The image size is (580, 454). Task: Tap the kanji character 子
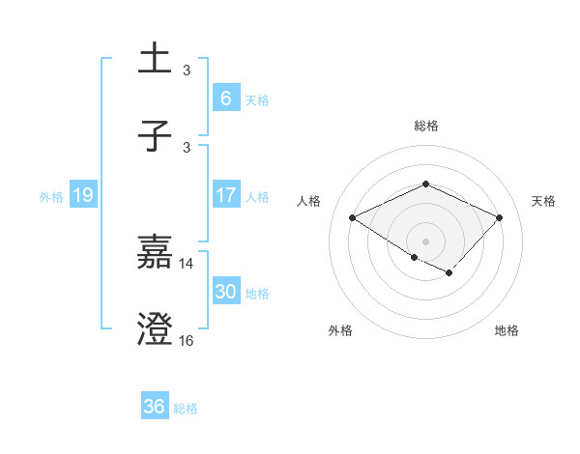pyautogui.click(x=155, y=136)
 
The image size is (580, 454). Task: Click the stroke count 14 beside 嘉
pyautogui.click(x=187, y=263)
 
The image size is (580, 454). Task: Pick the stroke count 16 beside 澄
pyautogui.click(x=187, y=340)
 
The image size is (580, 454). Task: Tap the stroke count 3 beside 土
pyautogui.click(x=187, y=70)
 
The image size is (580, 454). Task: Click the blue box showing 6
pyautogui.click(x=225, y=99)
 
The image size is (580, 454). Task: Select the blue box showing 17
pyautogui.click(x=225, y=195)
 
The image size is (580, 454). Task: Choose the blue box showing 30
pyautogui.click(x=225, y=292)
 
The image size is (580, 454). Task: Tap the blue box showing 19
pyautogui.click(x=82, y=195)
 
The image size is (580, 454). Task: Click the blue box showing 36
pyautogui.click(x=154, y=407)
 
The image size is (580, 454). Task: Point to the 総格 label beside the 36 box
pyautogui.click(x=186, y=409)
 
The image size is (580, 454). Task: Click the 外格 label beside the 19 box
pyautogui.click(x=51, y=197)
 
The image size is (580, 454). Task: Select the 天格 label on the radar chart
pyautogui.click(x=543, y=201)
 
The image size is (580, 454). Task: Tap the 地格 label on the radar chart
pyautogui.click(x=507, y=331)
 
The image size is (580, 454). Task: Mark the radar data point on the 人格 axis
pyautogui.click(x=353, y=218)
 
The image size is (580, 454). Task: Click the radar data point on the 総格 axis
pyautogui.click(x=425, y=184)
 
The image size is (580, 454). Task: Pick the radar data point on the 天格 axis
pyautogui.click(x=499, y=217)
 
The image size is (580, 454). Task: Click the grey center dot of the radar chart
pyautogui.click(x=425, y=241)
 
